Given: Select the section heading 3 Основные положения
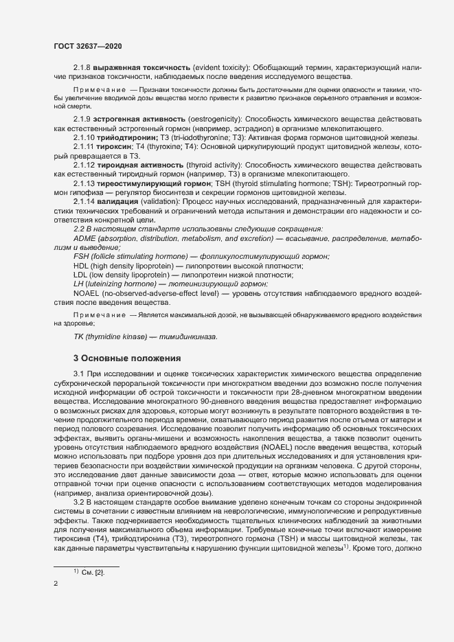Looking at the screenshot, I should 127,358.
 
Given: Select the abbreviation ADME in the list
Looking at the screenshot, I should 85,237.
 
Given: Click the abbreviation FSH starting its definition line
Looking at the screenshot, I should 81,255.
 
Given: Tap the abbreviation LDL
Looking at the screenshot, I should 81,274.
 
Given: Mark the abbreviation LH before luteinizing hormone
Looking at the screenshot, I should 78,283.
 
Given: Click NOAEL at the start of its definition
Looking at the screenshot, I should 86,293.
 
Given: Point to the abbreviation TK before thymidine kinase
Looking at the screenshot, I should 78,337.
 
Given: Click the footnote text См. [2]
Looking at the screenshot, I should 93,572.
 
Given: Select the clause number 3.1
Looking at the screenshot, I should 78,372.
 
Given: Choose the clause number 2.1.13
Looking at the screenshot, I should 84,183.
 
